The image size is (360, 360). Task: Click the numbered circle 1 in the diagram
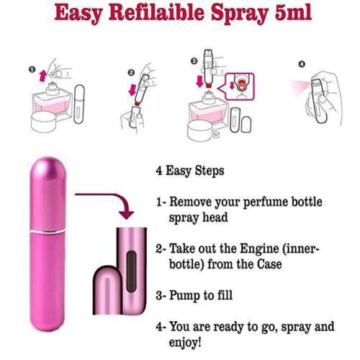[x=32, y=70]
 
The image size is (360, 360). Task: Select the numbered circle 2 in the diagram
[x=131, y=73]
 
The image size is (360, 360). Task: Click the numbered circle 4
[x=302, y=64]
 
